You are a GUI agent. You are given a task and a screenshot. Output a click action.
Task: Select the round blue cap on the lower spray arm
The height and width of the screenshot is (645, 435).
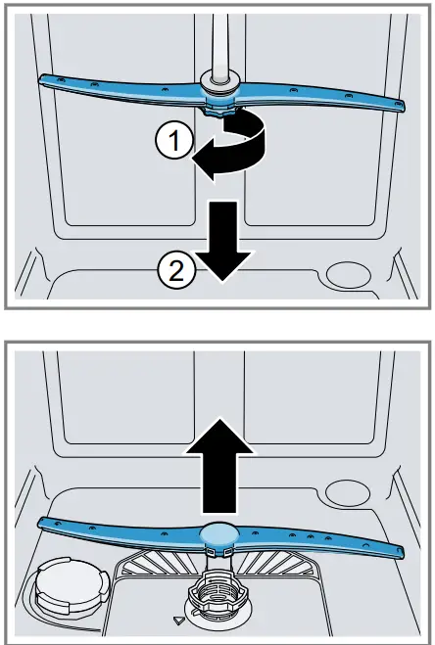tap(217, 534)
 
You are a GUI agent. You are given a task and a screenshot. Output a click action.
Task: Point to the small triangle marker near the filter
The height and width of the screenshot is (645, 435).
tap(176, 621)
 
